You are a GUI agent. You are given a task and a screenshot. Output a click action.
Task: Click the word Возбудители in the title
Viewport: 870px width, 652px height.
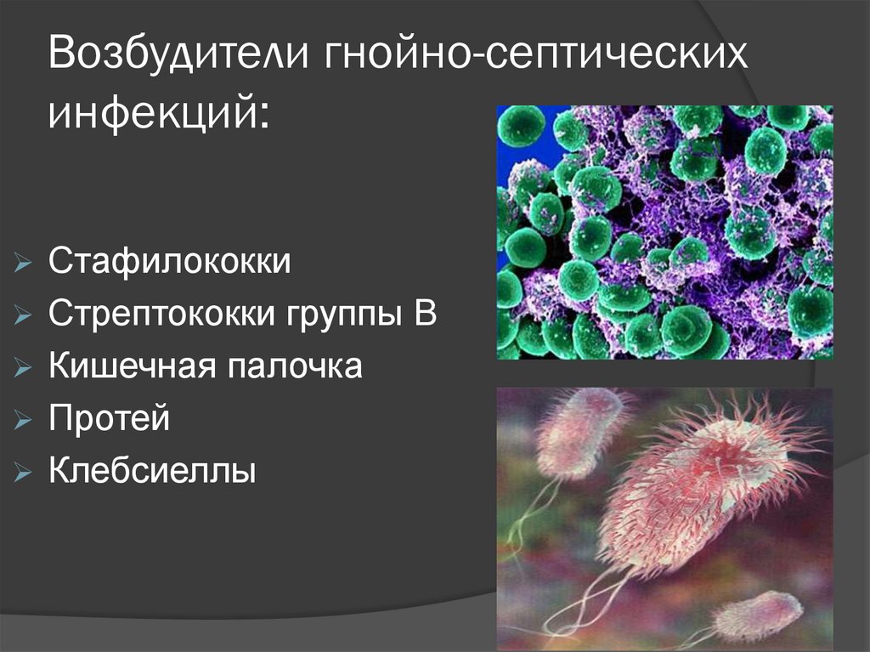pos(180,57)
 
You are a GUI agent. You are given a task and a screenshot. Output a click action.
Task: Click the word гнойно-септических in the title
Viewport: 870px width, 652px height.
pos(539,57)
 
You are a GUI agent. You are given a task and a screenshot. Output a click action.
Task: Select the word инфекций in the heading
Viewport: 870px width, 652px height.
pos(151,111)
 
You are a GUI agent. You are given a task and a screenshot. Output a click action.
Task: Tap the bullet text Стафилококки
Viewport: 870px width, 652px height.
pos(169,262)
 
